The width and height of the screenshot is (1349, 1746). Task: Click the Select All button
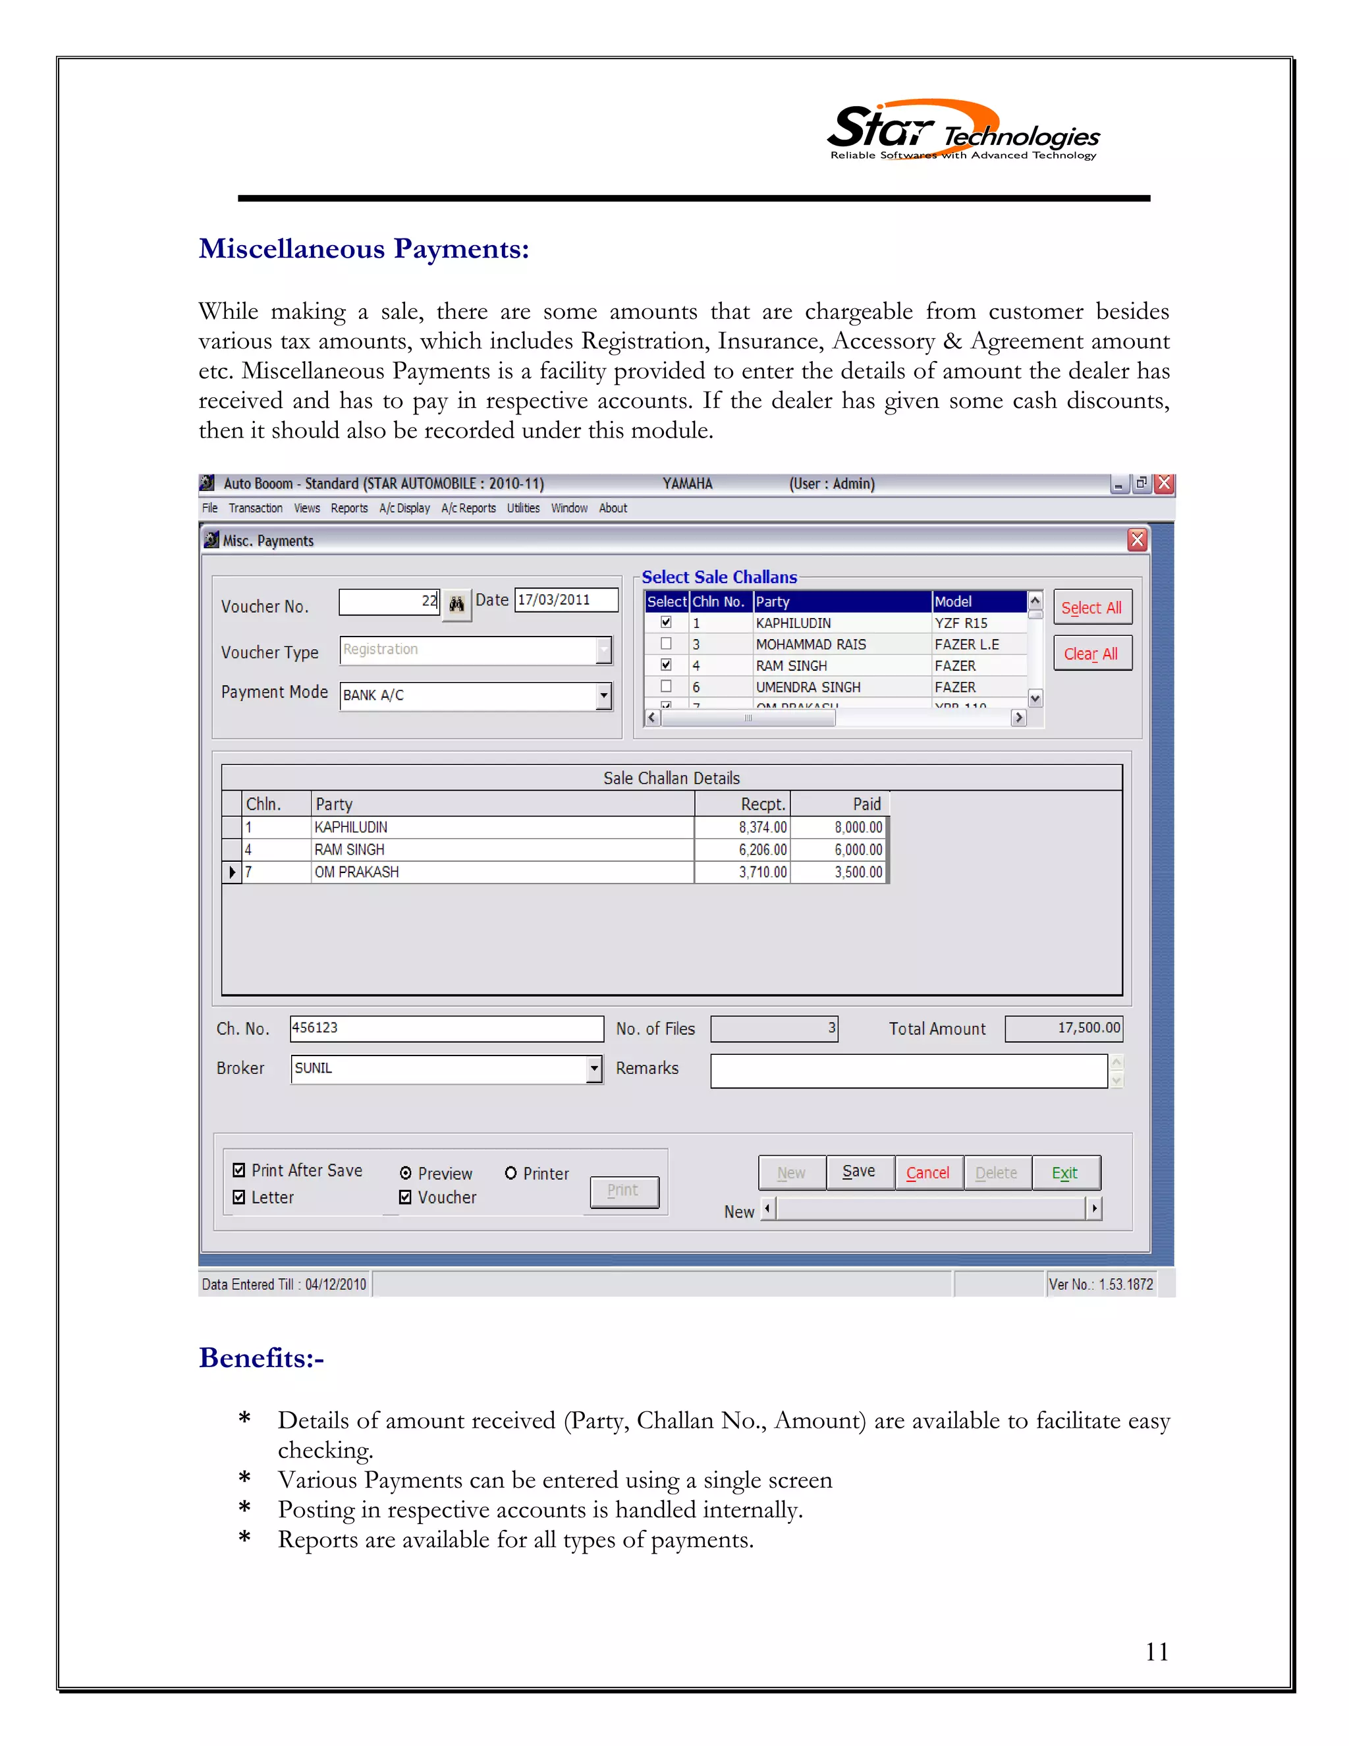click(1091, 607)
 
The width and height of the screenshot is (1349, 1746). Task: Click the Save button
click(859, 1172)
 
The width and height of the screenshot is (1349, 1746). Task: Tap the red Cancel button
click(928, 1173)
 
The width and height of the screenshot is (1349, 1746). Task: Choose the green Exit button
click(1065, 1173)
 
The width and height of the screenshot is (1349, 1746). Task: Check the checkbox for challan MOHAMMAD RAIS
click(666, 644)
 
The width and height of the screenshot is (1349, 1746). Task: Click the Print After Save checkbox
click(239, 1170)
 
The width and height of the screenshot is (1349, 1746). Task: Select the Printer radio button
click(510, 1173)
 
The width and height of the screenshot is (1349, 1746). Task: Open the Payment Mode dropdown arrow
click(603, 696)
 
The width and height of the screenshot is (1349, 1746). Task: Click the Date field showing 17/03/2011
click(565, 600)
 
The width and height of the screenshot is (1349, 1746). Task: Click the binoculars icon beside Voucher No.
click(456, 604)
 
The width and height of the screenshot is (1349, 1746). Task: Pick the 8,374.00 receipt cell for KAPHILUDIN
click(742, 828)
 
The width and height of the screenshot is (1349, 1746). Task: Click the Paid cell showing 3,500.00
click(840, 872)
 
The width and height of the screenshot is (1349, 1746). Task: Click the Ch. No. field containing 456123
click(446, 1028)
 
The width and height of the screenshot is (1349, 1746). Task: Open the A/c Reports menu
click(468, 509)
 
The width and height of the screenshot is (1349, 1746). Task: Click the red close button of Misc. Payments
click(1136, 540)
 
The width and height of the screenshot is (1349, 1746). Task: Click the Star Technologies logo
click(962, 132)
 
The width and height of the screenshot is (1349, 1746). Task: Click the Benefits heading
click(262, 1359)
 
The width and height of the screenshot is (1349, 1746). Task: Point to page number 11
click(1157, 1652)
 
